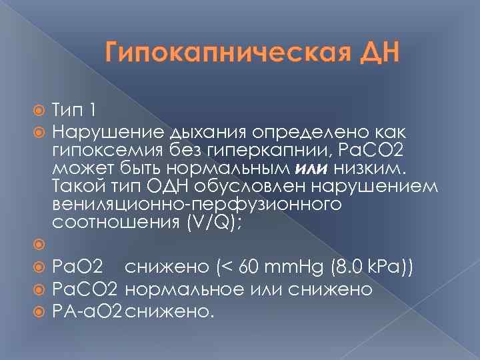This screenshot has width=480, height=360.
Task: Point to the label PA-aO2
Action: (x=87, y=311)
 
